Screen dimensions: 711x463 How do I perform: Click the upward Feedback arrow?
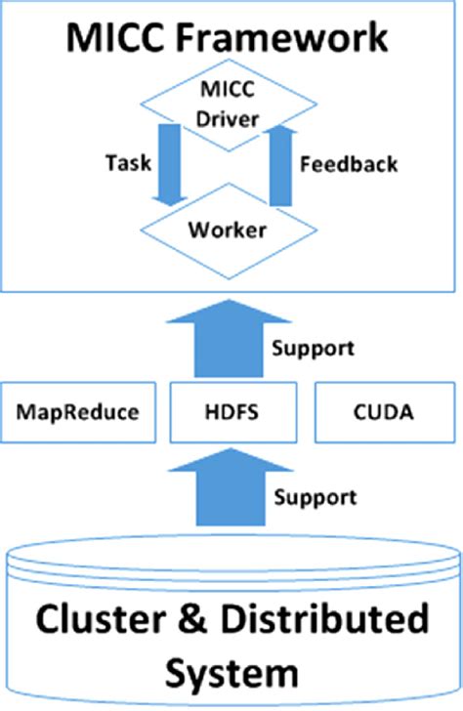point(281,164)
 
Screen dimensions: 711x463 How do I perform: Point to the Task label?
point(129,163)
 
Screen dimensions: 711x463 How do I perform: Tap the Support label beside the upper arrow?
point(313,349)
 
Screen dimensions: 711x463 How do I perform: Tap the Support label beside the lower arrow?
point(313,498)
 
